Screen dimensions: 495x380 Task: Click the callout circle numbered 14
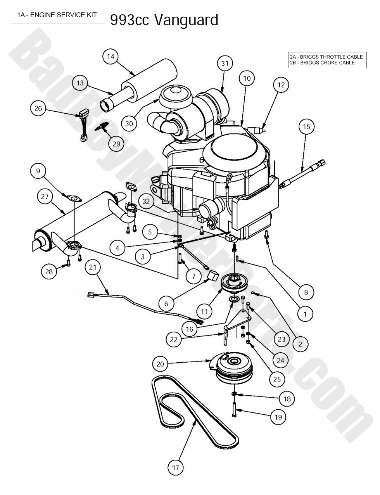point(111,57)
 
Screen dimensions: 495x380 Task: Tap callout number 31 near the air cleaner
point(225,63)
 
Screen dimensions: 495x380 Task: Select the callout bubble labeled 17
point(176,467)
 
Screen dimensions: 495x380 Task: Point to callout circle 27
point(45,196)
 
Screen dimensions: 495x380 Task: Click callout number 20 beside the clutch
point(160,364)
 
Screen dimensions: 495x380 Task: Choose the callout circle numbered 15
point(306,126)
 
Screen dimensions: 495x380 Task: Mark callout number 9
point(38,171)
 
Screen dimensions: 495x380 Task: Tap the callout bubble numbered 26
point(38,109)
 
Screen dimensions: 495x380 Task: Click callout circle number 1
point(305,313)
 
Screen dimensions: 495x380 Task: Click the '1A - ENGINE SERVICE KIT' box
point(57,15)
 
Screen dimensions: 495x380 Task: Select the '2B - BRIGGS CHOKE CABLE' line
point(322,63)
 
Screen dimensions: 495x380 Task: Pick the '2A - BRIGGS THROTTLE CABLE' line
point(326,57)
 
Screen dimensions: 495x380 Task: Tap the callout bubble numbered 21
point(93,267)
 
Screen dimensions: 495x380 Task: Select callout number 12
point(281,84)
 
